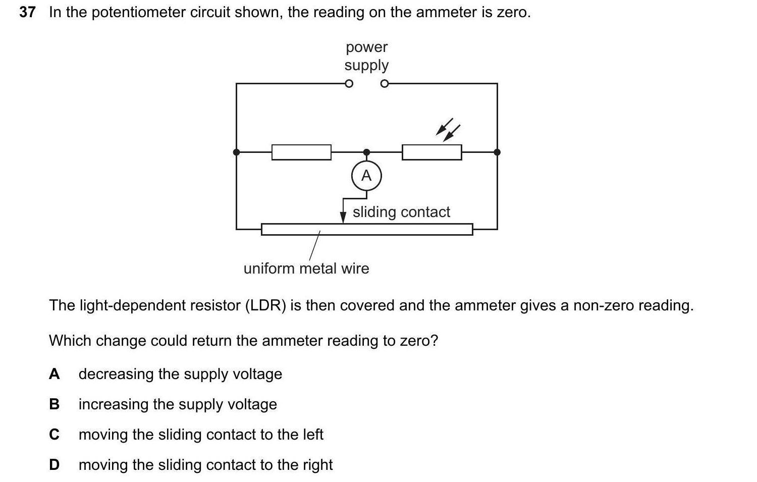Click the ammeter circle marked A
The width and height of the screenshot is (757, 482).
click(x=366, y=176)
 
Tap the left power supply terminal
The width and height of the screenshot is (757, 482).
click(x=349, y=84)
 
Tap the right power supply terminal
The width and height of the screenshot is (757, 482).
click(x=385, y=84)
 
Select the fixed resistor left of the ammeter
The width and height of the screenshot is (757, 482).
click(x=301, y=152)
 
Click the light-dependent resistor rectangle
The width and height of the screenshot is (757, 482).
click(x=431, y=152)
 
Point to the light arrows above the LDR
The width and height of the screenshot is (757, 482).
click(x=448, y=130)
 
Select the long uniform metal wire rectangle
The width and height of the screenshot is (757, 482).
click(x=367, y=229)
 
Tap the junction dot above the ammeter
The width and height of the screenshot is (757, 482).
click(x=366, y=152)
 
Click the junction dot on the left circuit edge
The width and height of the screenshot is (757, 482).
click(x=236, y=152)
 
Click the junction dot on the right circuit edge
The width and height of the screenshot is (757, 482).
click(x=497, y=152)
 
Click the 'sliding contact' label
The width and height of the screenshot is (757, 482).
click(x=401, y=212)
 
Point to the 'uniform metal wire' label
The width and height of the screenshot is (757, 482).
click(x=306, y=268)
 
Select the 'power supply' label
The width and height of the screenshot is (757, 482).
click(x=367, y=56)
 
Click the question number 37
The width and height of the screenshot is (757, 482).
click(x=28, y=12)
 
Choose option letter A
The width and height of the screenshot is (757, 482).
click(x=55, y=374)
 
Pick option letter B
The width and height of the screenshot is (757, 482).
click(x=55, y=404)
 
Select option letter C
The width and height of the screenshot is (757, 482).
click(x=55, y=435)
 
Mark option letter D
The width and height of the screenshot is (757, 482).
click(x=55, y=465)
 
